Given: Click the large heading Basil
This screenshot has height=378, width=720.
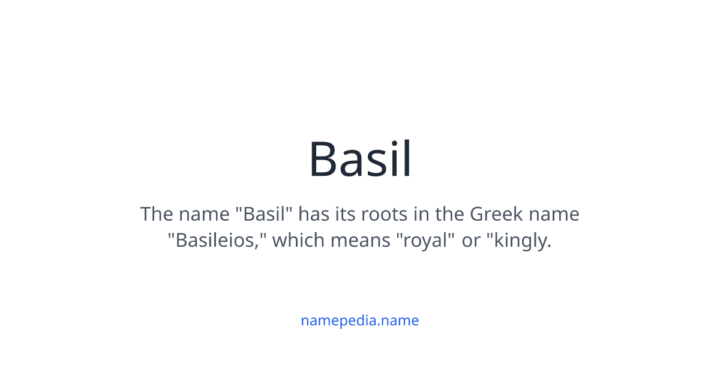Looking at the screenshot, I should coord(360,160).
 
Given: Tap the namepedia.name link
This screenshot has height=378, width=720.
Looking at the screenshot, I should coord(360,320).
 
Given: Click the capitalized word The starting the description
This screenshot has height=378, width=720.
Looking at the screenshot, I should coord(156,214).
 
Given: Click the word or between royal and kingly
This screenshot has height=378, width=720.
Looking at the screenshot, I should coord(471,241).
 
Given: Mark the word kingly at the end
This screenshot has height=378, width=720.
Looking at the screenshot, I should coord(520,241).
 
